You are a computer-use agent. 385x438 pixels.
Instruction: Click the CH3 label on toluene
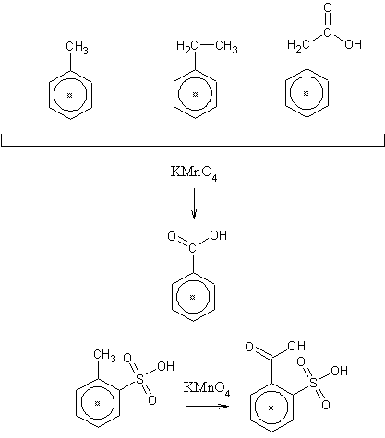[77, 48]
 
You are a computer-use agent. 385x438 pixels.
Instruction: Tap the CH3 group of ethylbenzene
[226, 48]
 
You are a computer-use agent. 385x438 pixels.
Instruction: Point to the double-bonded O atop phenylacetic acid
[328, 7]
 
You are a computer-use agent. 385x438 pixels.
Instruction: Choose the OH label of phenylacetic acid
[353, 44]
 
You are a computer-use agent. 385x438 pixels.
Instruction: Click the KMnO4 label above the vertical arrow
[194, 173]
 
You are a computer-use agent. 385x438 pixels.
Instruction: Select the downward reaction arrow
[194, 204]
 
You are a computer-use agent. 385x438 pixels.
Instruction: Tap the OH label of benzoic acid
[219, 235]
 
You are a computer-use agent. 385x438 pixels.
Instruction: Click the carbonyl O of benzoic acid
[172, 236]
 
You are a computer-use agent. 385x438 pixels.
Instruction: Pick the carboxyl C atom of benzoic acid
[192, 248]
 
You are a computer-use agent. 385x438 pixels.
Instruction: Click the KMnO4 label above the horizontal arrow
[207, 388]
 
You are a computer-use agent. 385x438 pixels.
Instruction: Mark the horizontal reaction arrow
[208, 406]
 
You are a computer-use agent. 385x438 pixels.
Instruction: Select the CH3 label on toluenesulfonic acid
[104, 356]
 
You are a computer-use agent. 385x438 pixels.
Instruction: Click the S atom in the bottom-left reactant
[139, 379]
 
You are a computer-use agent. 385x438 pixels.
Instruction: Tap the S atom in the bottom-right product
[313, 384]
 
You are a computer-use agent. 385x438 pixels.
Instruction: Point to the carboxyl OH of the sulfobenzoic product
[296, 346]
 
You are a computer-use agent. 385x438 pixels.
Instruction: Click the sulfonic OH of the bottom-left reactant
[165, 366]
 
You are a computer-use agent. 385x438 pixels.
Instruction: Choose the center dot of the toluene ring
[69, 95]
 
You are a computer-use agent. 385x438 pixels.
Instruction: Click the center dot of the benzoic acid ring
[193, 297]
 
